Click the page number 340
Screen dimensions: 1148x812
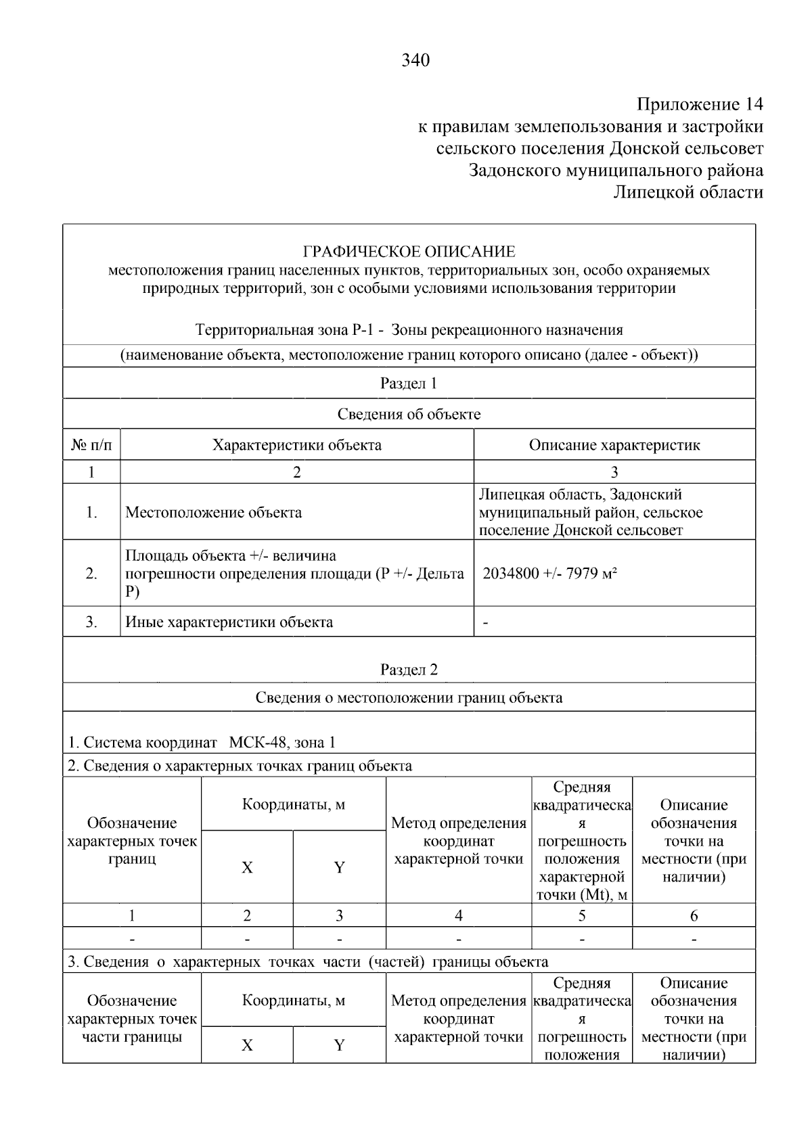415,61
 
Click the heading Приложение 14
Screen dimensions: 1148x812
699,104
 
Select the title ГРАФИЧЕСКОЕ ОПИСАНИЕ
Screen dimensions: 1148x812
409,252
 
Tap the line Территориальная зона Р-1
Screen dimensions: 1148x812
409,330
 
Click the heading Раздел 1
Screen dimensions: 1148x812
409,384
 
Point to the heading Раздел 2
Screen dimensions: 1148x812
409,670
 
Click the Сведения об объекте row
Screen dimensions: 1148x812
409,414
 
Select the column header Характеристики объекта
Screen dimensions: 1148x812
296,445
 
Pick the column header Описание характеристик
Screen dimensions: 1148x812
614,445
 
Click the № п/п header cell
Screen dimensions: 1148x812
91,445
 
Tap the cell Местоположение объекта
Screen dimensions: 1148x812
214,512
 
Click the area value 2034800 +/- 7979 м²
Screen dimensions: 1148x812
549,574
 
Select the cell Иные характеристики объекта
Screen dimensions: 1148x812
229,622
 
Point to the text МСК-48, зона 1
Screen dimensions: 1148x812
282,742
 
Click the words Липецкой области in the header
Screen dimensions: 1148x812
687,192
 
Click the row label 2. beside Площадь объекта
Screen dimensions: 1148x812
91,574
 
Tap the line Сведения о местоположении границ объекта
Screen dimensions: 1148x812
409,697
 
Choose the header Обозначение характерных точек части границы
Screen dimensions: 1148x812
132,1019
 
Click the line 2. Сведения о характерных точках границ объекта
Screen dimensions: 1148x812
240,766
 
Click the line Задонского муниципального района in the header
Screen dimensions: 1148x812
616,170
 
